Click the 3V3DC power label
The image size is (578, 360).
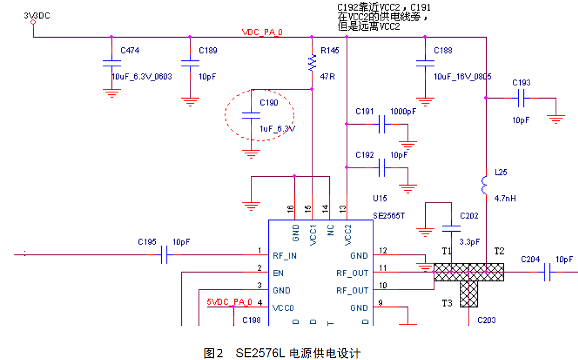[x=37, y=16]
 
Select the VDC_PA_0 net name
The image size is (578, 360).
[x=262, y=32]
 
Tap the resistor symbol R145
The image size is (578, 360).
[x=312, y=63]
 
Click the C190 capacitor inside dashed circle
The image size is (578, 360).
[x=251, y=116]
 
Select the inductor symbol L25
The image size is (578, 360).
[x=485, y=185]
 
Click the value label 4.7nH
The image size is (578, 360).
[x=505, y=198]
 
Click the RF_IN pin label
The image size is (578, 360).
[x=284, y=256]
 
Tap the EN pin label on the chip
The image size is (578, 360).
[x=278, y=273]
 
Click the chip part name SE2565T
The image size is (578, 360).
[x=389, y=216]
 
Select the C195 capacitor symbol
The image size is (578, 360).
[x=164, y=256]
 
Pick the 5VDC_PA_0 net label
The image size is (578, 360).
[x=229, y=302]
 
